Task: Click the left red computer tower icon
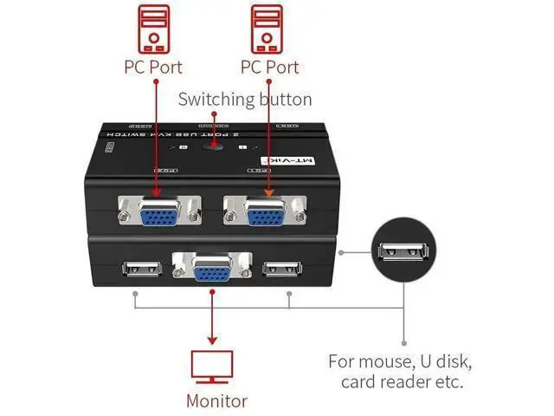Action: tap(156, 28)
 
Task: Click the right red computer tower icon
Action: tap(268, 28)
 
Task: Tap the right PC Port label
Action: tap(268, 68)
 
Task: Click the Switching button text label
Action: tap(245, 99)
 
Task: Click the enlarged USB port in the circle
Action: tap(403, 252)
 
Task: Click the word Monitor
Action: tap(216, 400)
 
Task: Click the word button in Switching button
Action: tap(284, 99)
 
